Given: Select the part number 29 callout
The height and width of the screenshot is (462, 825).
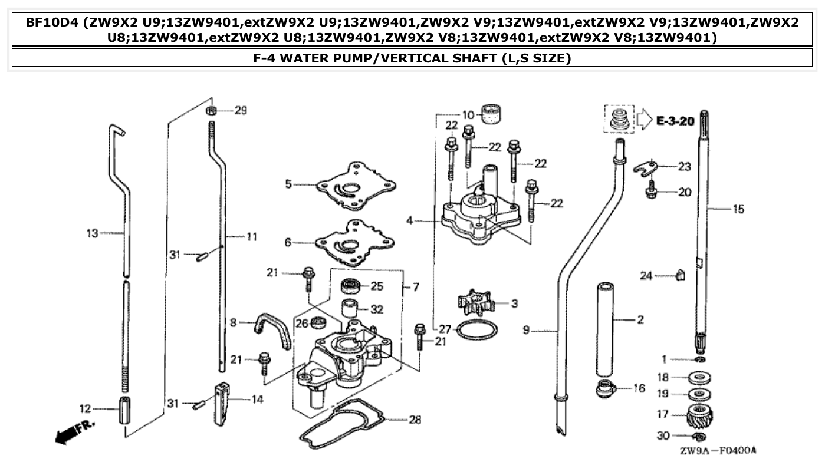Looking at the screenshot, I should click(x=241, y=110).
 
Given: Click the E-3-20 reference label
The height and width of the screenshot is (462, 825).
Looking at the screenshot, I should click(x=675, y=122).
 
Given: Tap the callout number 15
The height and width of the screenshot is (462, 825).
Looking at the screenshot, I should click(x=738, y=209).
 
